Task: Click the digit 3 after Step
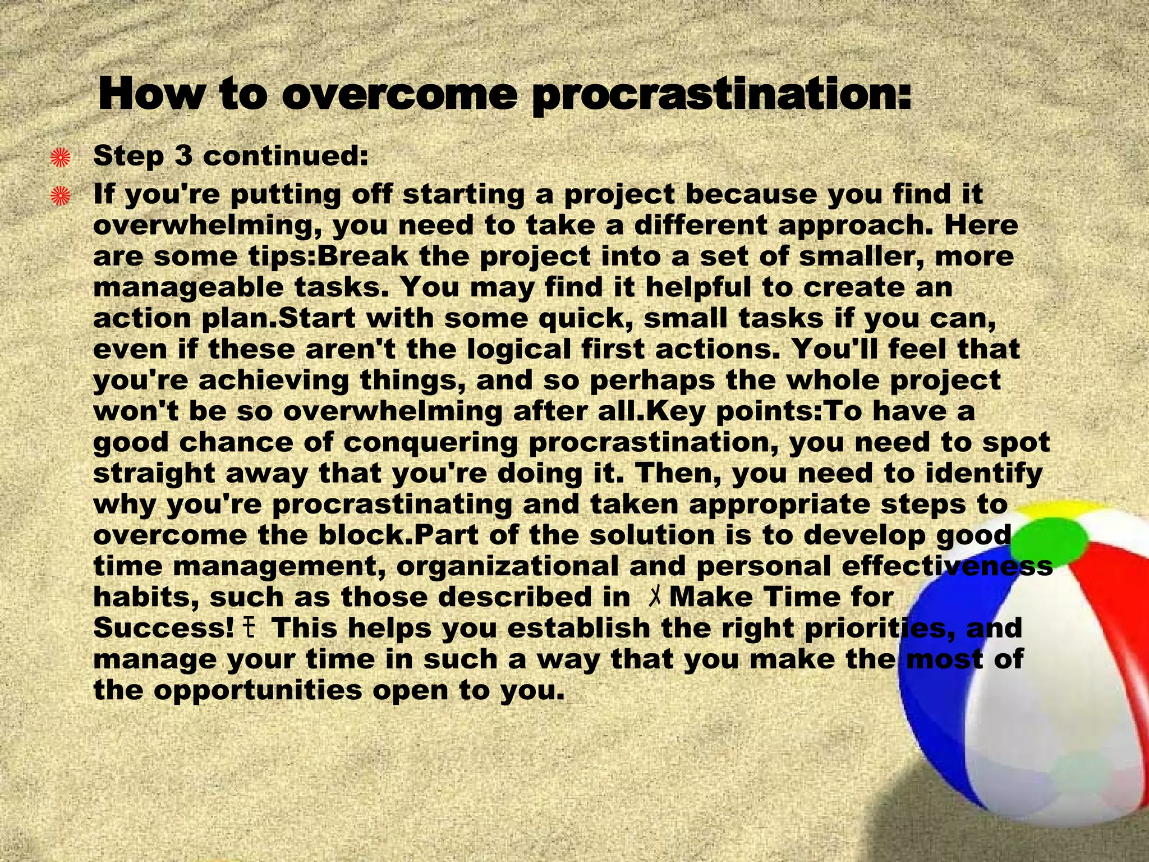(183, 156)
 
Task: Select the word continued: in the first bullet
(286, 156)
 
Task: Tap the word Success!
(163, 628)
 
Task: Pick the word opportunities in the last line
(258, 690)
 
